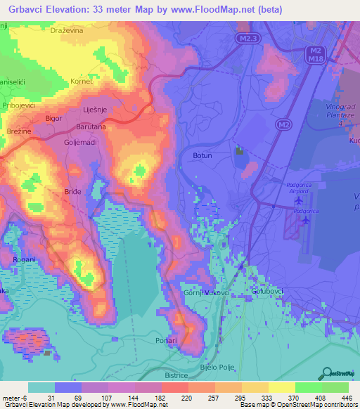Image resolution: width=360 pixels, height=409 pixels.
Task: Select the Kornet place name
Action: tap(82, 82)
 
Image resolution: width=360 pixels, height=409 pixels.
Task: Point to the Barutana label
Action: tap(91, 127)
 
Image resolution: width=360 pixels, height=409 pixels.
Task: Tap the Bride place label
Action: tap(72, 191)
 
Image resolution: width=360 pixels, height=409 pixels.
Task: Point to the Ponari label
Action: tap(167, 340)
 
